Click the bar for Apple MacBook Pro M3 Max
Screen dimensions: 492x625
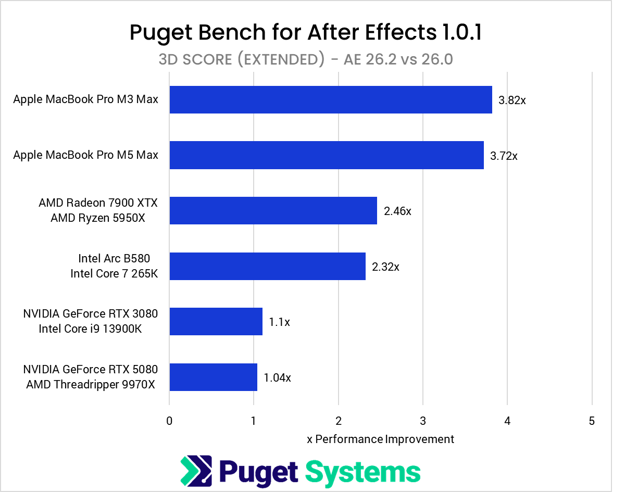(x=331, y=99)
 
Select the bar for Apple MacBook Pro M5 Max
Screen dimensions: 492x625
(x=327, y=155)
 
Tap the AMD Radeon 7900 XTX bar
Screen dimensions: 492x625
(x=273, y=210)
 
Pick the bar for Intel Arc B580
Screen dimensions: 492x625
(x=267, y=266)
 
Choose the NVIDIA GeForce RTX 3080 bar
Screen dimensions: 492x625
(x=216, y=321)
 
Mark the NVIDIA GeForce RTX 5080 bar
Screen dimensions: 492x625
(x=213, y=377)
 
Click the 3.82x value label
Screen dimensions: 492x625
(x=512, y=100)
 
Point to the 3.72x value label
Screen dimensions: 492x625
(x=504, y=156)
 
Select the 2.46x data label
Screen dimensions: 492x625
(x=397, y=211)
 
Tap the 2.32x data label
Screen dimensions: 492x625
(x=385, y=267)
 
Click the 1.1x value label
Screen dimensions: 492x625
(x=279, y=322)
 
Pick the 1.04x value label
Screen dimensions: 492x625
(x=277, y=377)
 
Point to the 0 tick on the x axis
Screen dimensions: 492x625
(x=169, y=421)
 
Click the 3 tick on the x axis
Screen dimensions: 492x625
(x=423, y=421)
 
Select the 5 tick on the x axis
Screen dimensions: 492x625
(x=592, y=421)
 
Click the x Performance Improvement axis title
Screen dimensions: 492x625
(x=381, y=439)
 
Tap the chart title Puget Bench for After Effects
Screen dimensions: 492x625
(x=306, y=33)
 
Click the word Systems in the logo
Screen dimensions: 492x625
(x=362, y=472)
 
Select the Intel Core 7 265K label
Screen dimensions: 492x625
(x=114, y=273)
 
